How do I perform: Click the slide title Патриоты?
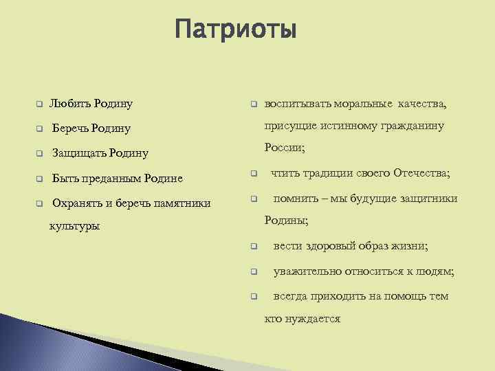pyautogui.click(x=235, y=30)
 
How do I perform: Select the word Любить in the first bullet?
pyautogui.click(x=69, y=104)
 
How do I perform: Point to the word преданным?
pyautogui.click(x=108, y=179)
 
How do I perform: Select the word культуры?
pyautogui.click(x=74, y=226)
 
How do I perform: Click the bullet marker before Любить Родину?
pyautogui.click(x=40, y=104)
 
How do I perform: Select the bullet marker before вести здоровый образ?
pyautogui.click(x=253, y=246)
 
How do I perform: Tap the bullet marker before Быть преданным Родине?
pyautogui.click(x=40, y=179)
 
